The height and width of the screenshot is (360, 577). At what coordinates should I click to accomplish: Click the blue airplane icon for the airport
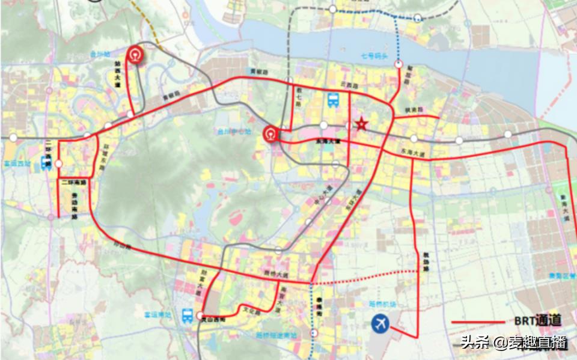380,324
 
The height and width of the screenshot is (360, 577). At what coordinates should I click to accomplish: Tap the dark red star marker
361,124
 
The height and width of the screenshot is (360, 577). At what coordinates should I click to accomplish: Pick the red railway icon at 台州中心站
272,133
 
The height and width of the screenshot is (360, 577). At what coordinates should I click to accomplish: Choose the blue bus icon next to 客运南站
188,315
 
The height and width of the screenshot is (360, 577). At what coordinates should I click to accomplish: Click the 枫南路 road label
414,110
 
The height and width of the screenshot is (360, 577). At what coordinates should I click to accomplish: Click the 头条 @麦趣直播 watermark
513,343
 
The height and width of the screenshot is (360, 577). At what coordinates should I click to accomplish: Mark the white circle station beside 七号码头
399,63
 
